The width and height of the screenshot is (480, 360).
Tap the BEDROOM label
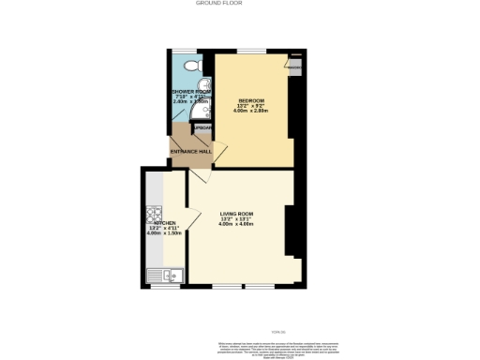(x=251, y=100)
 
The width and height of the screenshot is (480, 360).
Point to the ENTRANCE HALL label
(x=190, y=151)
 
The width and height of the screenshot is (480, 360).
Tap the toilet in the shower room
(x=191, y=66)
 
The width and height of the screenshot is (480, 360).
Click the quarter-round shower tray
(x=202, y=116)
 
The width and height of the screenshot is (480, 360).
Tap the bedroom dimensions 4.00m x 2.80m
(x=251, y=111)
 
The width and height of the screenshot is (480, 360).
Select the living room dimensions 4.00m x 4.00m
(x=237, y=224)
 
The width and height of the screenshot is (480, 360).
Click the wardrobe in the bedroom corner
(x=295, y=67)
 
